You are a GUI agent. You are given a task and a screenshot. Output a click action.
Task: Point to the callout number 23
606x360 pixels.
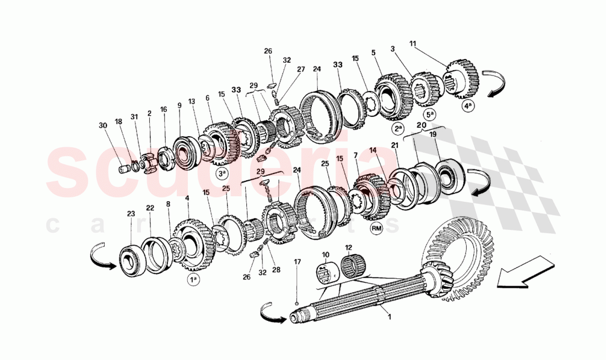point(131,213)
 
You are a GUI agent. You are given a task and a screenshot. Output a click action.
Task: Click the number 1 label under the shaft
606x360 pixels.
point(389,316)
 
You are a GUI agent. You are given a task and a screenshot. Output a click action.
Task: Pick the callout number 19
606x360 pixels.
point(433,134)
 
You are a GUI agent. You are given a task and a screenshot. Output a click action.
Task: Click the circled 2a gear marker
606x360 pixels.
point(398,130)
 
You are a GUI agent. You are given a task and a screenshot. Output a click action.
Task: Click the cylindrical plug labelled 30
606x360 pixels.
point(125,169)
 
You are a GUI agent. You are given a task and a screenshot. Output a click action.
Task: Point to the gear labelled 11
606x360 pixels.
point(462,78)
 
